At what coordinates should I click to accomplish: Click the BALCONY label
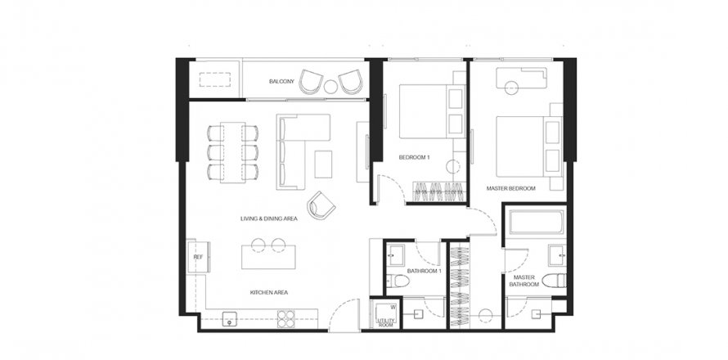[281, 81]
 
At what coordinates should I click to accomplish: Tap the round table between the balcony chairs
[330, 87]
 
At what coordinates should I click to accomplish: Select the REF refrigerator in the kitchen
[198, 256]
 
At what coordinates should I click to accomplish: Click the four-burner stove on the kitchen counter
[286, 319]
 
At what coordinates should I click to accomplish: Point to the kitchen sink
[229, 319]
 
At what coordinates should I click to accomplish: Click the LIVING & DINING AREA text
[269, 218]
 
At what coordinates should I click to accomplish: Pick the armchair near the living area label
[321, 205]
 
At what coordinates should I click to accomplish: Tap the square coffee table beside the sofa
[323, 164]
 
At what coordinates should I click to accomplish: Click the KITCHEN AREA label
[269, 293]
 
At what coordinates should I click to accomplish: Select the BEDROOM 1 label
[414, 157]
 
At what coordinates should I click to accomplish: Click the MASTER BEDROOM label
[510, 189]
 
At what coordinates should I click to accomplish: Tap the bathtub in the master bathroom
[537, 222]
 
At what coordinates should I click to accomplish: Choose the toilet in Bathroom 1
[398, 281]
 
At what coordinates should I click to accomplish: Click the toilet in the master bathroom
[554, 281]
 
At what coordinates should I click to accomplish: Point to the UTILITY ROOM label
[385, 323]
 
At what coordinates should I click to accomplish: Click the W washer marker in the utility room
[393, 307]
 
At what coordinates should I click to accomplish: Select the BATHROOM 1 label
[424, 271]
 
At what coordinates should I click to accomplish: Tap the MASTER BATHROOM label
[524, 281]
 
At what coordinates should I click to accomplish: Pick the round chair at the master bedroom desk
[511, 88]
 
